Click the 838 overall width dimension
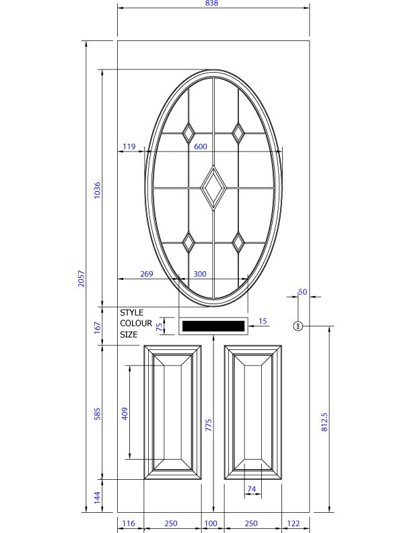[x=213, y=4]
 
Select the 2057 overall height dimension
[x=81, y=279]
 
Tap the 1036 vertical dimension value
[x=97, y=190]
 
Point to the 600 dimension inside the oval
[x=201, y=147]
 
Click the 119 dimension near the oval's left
[x=129, y=147]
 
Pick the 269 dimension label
[x=146, y=274]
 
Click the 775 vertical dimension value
[x=209, y=425]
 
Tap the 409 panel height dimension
[x=125, y=413]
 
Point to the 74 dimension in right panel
[x=252, y=489]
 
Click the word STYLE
[x=132, y=313]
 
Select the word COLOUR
[x=136, y=324]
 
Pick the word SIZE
[x=129, y=334]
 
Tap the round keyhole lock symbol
[x=298, y=326]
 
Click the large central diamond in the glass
[x=213, y=185]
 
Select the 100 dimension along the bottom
[x=211, y=524]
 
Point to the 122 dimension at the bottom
[x=294, y=524]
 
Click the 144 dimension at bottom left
[x=97, y=497]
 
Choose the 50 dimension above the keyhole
[x=302, y=292]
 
